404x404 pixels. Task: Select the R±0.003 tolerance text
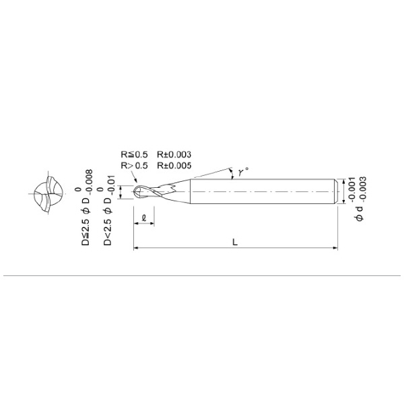[174, 154]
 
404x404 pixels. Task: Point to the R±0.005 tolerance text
[174, 164]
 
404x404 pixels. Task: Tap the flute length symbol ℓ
[145, 216]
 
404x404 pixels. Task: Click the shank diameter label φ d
[360, 209]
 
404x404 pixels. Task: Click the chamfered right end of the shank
[335, 192]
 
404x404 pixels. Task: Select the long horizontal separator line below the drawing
[202, 276]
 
